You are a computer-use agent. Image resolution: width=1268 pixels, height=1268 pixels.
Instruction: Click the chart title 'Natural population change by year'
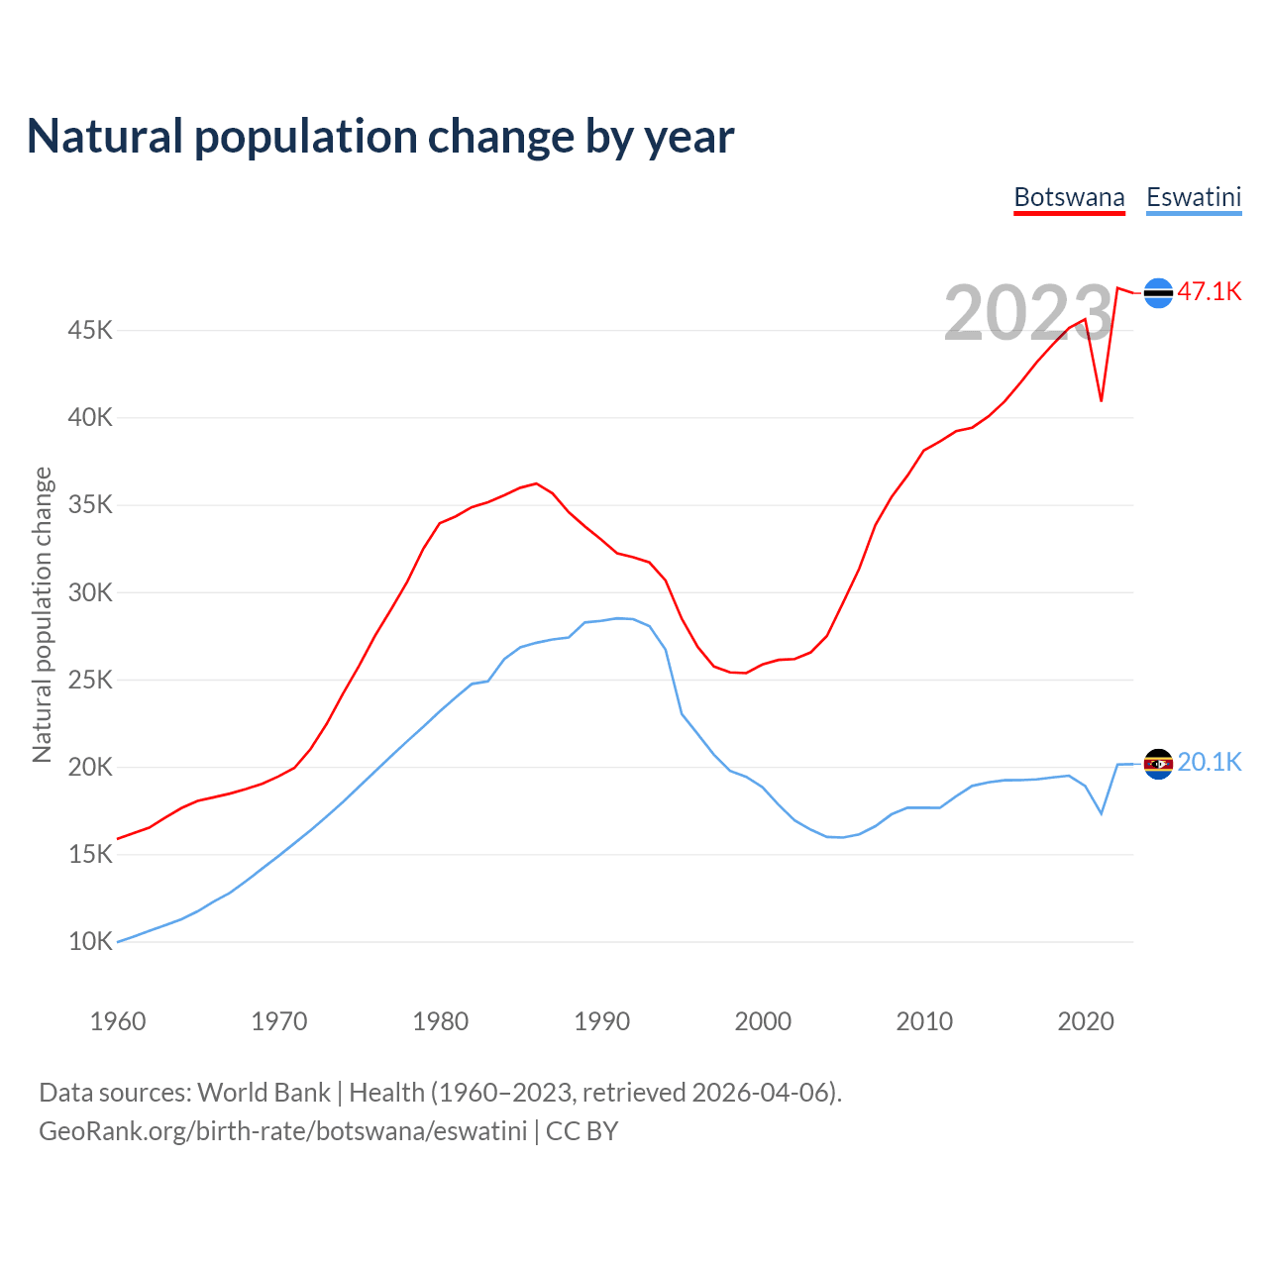click(x=380, y=137)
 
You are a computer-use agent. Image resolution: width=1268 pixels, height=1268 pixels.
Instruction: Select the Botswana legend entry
click(x=1069, y=197)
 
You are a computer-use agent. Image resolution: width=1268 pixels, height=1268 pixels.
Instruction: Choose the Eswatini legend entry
click(x=1194, y=197)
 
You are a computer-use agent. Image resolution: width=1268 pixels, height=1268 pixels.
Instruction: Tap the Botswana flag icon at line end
click(x=1158, y=293)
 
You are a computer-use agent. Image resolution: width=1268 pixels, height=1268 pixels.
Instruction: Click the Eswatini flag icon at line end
click(x=1158, y=764)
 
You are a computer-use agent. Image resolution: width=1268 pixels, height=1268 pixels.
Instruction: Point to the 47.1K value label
click(x=1210, y=291)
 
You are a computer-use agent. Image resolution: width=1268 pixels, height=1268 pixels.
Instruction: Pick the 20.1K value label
click(x=1210, y=762)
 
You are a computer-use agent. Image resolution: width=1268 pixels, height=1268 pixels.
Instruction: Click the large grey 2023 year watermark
click(x=1027, y=313)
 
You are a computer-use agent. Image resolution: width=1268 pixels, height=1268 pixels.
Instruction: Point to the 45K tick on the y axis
click(x=90, y=330)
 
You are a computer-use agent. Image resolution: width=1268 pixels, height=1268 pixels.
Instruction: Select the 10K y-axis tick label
click(x=90, y=941)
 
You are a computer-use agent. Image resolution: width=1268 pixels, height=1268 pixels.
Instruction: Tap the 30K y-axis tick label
click(x=90, y=592)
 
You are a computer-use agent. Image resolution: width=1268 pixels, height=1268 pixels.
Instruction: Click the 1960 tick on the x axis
click(x=118, y=1021)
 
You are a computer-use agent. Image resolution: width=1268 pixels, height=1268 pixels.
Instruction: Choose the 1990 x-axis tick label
click(x=602, y=1021)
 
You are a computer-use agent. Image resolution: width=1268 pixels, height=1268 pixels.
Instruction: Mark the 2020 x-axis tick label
click(x=1086, y=1021)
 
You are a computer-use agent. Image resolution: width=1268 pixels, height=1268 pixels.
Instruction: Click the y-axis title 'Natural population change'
click(x=43, y=615)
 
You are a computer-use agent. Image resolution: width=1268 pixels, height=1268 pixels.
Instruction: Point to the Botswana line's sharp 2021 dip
click(x=1102, y=400)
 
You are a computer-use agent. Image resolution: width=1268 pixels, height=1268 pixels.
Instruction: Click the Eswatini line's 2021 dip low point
click(x=1102, y=813)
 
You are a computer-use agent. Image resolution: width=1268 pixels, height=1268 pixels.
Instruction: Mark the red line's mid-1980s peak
click(x=536, y=483)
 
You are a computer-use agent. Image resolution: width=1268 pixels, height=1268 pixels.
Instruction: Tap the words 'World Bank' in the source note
click(x=264, y=1093)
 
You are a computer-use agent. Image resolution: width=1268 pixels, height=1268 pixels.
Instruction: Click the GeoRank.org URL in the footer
click(x=282, y=1131)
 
